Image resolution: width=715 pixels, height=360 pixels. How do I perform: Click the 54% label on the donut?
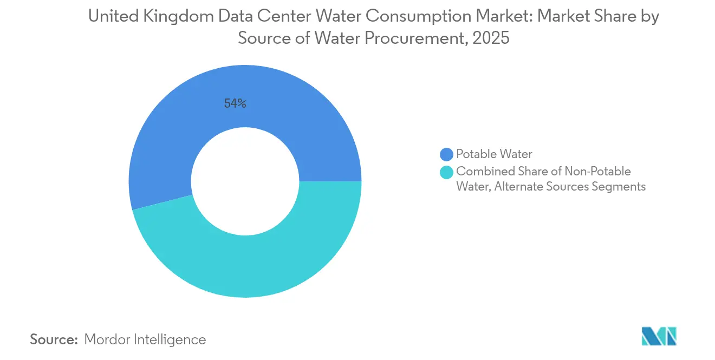(x=235, y=104)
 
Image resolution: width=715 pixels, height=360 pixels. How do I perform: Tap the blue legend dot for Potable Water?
(x=447, y=154)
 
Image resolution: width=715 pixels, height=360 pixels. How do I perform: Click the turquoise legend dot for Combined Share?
(x=447, y=172)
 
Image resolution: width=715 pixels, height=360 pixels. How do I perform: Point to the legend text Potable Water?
(x=494, y=154)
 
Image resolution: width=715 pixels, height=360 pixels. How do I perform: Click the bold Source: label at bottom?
(x=54, y=339)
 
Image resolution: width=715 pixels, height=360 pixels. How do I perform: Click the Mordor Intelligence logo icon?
(x=659, y=336)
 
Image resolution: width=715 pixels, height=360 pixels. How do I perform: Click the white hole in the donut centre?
(x=245, y=181)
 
